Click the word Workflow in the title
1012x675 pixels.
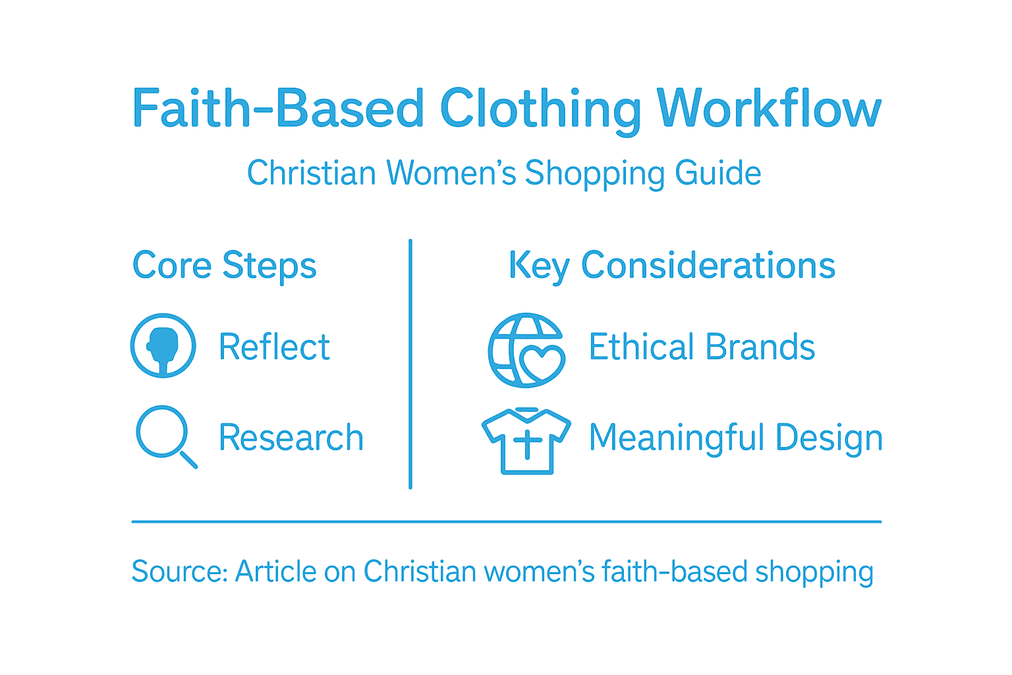[769, 109]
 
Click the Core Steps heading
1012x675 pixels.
[224, 266]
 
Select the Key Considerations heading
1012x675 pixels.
[672, 266]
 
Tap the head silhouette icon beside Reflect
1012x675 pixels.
[163, 345]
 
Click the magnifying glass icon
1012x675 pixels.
[164, 435]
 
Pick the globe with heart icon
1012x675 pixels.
[526, 350]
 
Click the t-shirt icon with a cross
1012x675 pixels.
[526, 440]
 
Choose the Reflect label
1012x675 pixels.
[274, 347]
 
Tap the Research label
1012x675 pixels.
[291, 437]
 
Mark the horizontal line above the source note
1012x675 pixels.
[506, 521]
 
